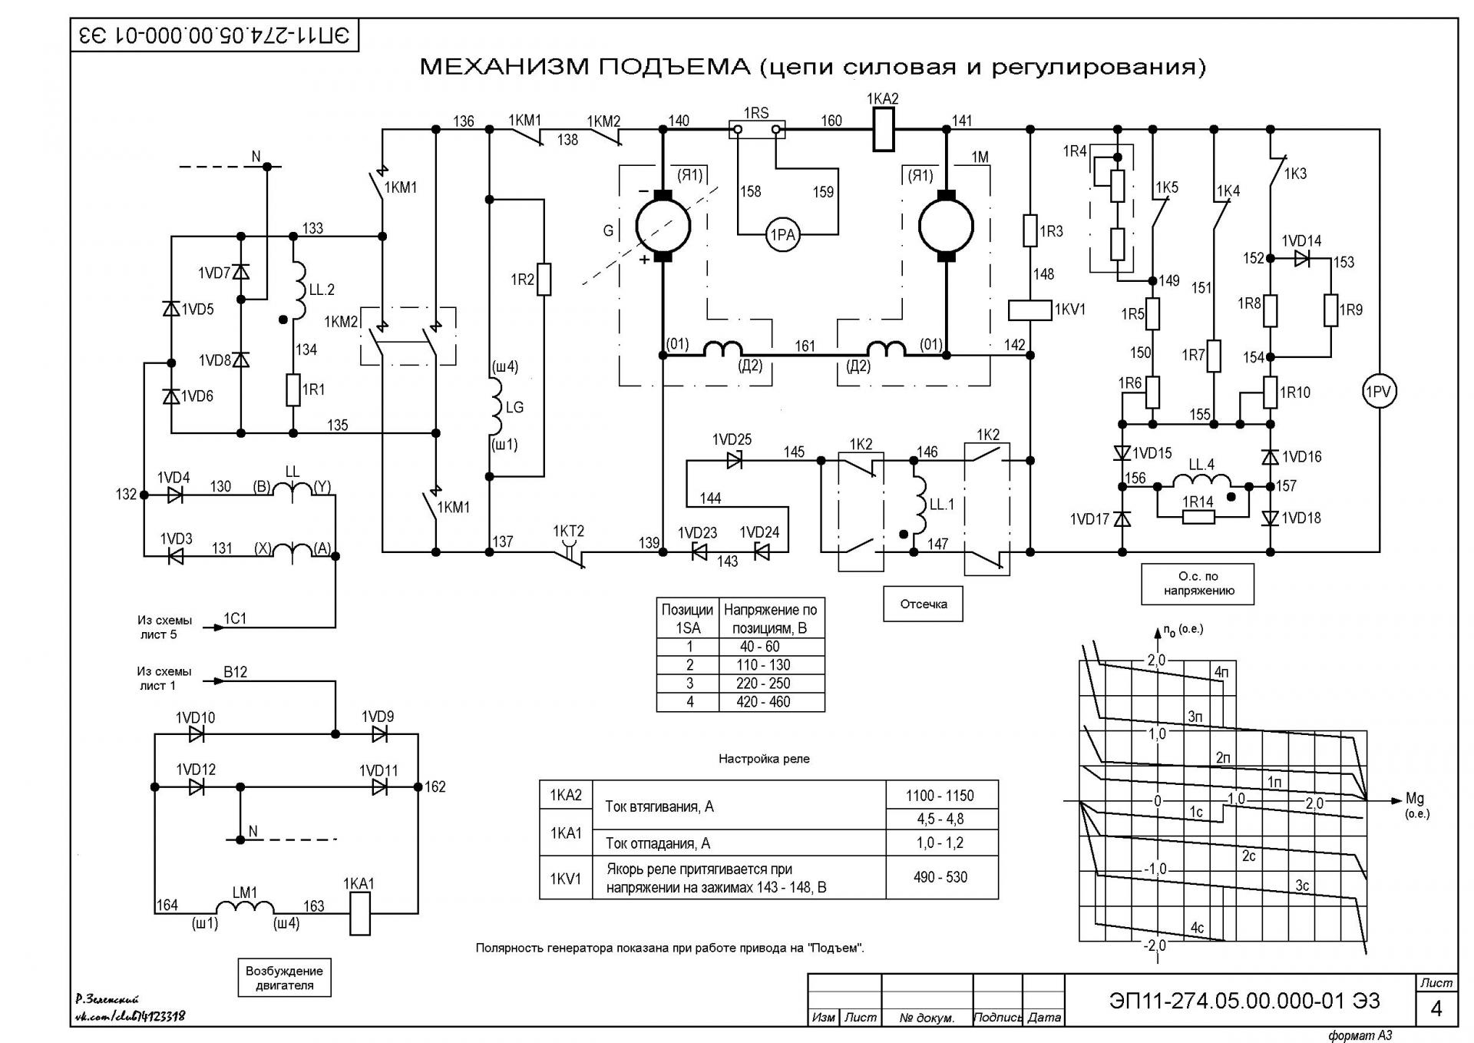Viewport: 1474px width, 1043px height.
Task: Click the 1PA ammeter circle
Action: tap(782, 235)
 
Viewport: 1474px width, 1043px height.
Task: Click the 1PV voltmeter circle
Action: tap(1379, 392)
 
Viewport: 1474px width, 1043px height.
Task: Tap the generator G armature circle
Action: tap(663, 226)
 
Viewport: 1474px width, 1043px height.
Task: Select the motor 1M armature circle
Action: tap(946, 226)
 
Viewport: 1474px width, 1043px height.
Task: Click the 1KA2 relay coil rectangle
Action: tap(884, 129)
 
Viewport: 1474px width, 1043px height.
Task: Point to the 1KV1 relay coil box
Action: tap(1029, 310)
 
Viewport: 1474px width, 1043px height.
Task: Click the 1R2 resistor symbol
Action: tap(544, 280)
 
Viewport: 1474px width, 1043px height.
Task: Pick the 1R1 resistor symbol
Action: tap(292, 389)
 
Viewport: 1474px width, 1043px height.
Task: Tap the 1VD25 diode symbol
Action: tap(735, 461)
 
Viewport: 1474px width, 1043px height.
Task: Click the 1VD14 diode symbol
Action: tap(1302, 259)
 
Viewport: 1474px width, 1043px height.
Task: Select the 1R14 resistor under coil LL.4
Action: tap(1198, 517)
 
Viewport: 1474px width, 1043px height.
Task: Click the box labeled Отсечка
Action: tap(924, 604)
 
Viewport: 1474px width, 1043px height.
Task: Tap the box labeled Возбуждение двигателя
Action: tap(284, 978)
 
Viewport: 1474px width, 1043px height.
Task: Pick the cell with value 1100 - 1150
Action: tap(942, 796)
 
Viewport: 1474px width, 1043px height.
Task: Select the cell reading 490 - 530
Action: tap(942, 877)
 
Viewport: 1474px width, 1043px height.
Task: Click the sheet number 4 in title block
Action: tap(1436, 1009)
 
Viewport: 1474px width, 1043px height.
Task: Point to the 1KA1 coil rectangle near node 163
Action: tap(360, 914)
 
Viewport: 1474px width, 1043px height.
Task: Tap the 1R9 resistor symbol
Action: tap(1331, 310)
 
